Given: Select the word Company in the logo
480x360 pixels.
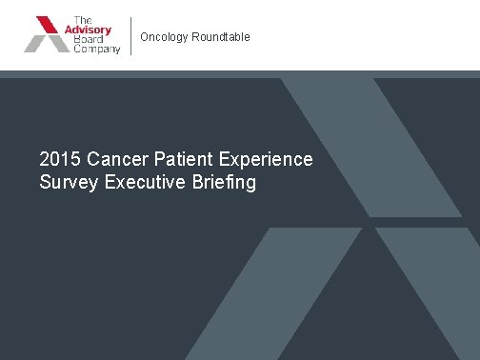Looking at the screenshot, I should pyautogui.click(x=97, y=49).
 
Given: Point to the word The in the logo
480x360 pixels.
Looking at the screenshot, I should pyautogui.click(x=82, y=19).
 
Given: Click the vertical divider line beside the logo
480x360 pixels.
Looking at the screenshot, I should pyautogui.click(x=130, y=36).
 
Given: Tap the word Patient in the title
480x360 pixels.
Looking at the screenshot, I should pyautogui.click(x=179, y=158).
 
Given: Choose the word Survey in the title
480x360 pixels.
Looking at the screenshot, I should pyautogui.click(x=68, y=181).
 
